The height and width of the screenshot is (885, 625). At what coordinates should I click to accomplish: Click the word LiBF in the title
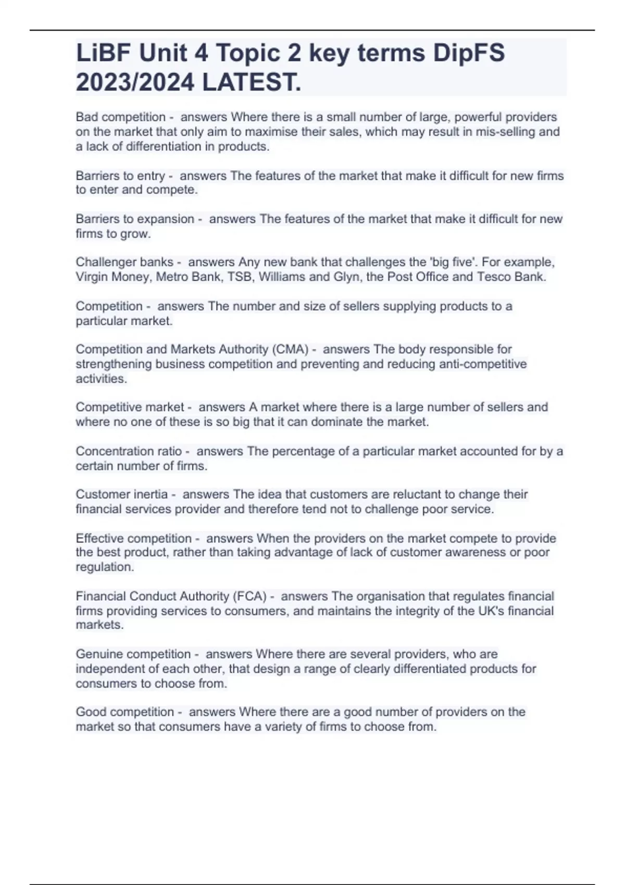pyautogui.click(x=101, y=53)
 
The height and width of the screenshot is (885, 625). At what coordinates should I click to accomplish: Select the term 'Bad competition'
pyautogui.click(x=120, y=117)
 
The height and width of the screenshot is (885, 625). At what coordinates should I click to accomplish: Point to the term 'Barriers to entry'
pyautogui.click(x=120, y=176)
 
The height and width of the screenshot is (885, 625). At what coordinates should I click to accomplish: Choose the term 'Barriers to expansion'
pyautogui.click(x=135, y=219)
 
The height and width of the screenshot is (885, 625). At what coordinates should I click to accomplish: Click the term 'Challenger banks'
pyautogui.click(x=124, y=262)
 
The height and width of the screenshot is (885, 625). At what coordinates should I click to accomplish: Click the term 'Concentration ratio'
pyautogui.click(x=129, y=451)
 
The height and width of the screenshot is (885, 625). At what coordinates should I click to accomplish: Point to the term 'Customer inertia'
pyautogui.click(x=122, y=494)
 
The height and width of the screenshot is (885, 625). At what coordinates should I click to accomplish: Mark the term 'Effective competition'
pyautogui.click(x=134, y=538)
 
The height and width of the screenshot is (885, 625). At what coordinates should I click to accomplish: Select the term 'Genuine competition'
pyautogui.click(x=133, y=654)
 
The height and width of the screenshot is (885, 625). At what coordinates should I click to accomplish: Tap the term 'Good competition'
pyautogui.click(x=125, y=712)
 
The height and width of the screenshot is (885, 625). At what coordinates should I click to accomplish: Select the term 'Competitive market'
pyautogui.click(x=130, y=407)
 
